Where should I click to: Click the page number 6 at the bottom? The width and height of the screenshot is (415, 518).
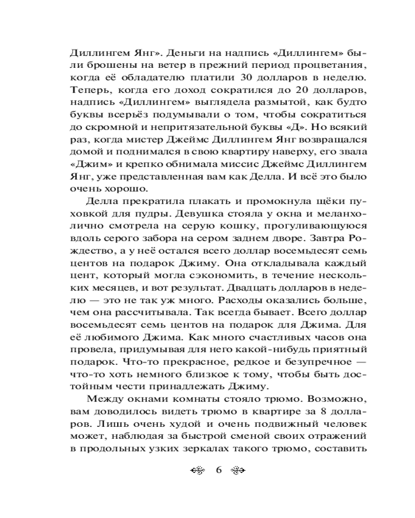(218, 471)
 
